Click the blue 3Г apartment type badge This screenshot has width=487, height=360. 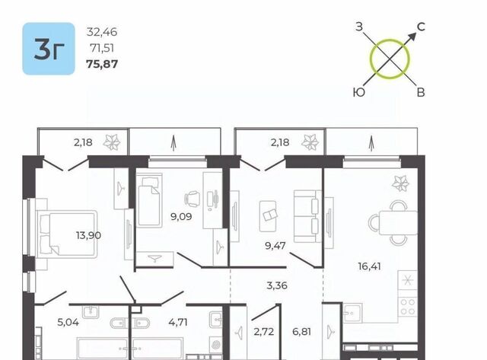49,49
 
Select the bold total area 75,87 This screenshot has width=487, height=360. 102,64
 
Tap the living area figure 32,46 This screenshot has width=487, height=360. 102,32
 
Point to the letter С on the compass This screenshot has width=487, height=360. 421,27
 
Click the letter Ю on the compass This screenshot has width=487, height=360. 359,92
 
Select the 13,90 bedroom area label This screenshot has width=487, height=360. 88,235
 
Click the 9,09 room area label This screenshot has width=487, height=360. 181,216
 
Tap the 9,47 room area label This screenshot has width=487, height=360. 275,246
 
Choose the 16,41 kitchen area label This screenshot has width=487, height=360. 369,266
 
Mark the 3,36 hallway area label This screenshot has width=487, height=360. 277,285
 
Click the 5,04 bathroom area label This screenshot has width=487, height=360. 68,322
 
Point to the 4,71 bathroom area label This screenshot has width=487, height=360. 178,322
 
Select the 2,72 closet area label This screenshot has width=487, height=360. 264,332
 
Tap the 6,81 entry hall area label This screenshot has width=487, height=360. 301,332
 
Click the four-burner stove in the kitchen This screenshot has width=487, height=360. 408,307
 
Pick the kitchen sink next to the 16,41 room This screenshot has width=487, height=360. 352,313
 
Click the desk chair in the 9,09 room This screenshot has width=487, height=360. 193,199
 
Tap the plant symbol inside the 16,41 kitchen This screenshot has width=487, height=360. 400,183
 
